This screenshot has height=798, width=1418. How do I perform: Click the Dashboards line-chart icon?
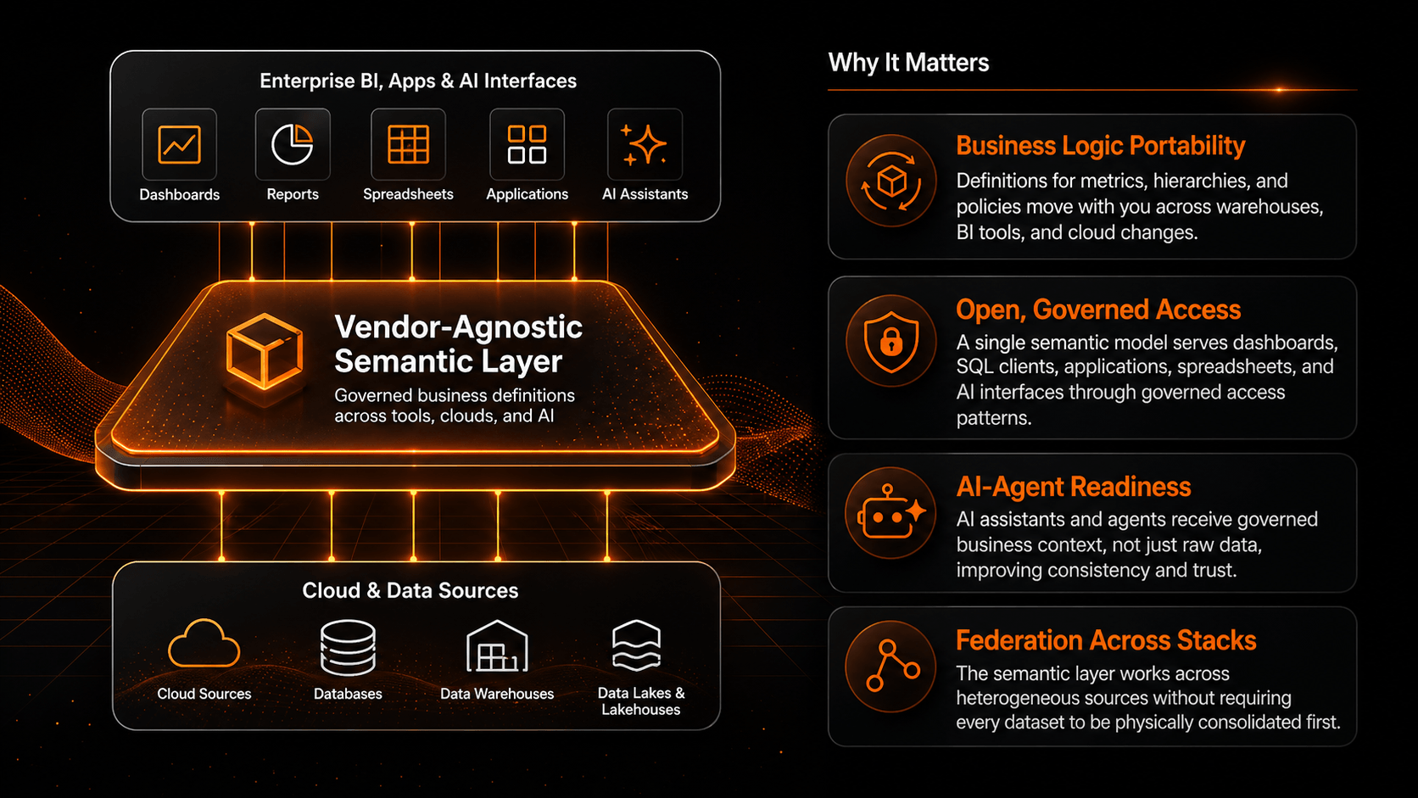tap(179, 144)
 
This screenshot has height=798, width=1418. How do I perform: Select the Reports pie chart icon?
tap(292, 144)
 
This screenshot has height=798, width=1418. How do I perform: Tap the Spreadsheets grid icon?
tap(408, 144)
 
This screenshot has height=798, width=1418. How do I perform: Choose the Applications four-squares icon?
tap(527, 144)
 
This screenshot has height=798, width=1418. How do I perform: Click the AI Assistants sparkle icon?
tap(644, 145)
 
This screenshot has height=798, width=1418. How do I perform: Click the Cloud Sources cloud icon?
tap(204, 644)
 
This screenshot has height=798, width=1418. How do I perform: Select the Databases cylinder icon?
tap(348, 647)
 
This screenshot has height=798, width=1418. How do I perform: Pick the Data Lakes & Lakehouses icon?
tap(636, 645)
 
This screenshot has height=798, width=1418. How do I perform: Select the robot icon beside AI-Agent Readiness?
tap(890, 512)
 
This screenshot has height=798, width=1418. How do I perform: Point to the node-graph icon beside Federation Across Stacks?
tap(892, 665)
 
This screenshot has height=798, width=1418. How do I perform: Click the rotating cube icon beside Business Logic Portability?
tap(890, 181)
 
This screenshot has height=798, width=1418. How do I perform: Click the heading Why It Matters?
tap(908, 63)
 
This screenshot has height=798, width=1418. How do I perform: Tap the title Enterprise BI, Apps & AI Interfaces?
tap(418, 81)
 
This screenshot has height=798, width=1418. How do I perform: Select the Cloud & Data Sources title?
tap(410, 590)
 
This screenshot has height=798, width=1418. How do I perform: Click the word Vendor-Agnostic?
tap(458, 326)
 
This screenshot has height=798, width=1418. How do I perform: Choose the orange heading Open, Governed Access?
tap(1098, 310)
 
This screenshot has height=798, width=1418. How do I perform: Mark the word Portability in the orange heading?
tap(1187, 146)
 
